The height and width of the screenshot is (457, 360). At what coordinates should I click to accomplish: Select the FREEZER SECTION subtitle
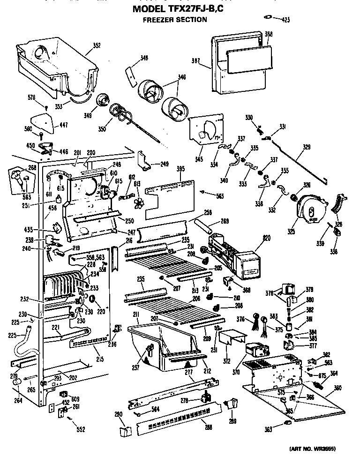[x=174, y=20]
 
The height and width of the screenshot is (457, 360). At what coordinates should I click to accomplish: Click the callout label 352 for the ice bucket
[x=96, y=45]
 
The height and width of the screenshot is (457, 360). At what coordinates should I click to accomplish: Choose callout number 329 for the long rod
[x=306, y=147]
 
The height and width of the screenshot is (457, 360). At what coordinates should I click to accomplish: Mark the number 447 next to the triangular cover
[x=63, y=125]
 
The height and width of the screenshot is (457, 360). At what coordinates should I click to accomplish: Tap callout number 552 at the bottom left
[x=81, y=429]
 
